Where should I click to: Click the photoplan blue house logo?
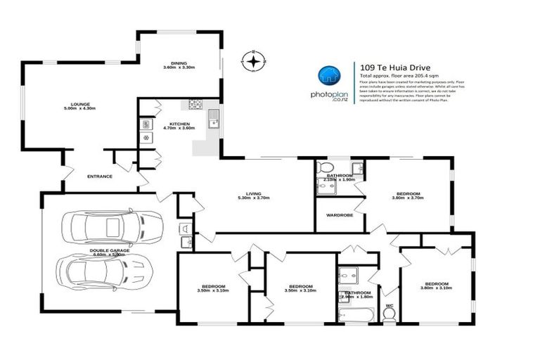[328, 75]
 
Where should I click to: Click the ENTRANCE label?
[99, 176]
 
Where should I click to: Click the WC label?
[389, 305]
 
